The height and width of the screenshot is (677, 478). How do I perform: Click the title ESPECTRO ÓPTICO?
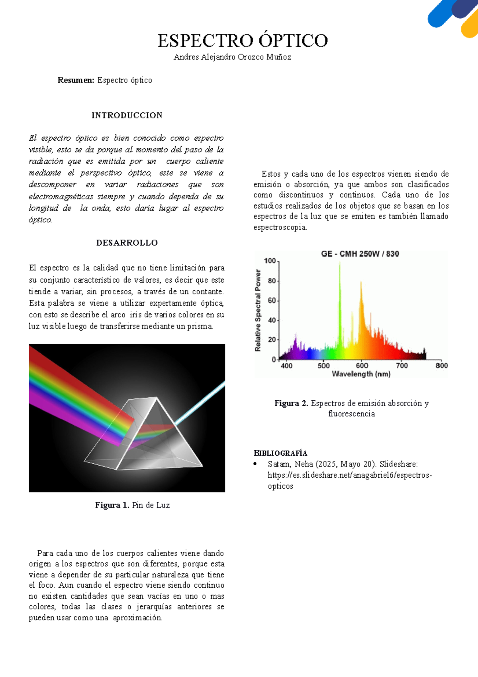click(x=243, y=41)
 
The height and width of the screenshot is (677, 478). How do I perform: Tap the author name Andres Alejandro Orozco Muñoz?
click(x=232, y=57)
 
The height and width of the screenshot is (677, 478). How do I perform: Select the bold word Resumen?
click(x=76, y=80)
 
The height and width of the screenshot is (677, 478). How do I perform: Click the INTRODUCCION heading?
click(x=127, y=115)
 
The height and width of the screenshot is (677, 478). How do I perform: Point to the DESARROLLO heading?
click(x=127, y=243)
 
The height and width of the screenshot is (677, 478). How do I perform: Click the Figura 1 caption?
click(x=132, y=505)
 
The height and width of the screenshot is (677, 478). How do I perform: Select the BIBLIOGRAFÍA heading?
click(x=280, y=453)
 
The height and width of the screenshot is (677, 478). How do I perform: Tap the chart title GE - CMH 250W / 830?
click(x=360, y=254)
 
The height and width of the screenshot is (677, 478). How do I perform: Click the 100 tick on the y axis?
click(x=270, y=261)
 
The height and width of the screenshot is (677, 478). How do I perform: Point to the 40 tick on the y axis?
click(x=272, y=320)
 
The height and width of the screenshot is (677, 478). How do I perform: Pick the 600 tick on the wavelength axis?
click(x=362, y=366)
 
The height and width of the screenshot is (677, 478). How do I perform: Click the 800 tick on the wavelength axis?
click(x=441, y=366)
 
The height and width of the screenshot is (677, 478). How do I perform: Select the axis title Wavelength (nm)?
click(x=361, y=374)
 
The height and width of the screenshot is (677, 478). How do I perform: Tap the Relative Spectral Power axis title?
click(x=258, y=310)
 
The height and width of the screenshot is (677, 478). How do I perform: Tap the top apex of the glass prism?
click(x=157, y=398)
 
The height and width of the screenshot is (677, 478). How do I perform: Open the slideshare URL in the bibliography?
click(x=350, y=475)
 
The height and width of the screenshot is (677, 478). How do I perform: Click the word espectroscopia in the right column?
click(x=280, y=227)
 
